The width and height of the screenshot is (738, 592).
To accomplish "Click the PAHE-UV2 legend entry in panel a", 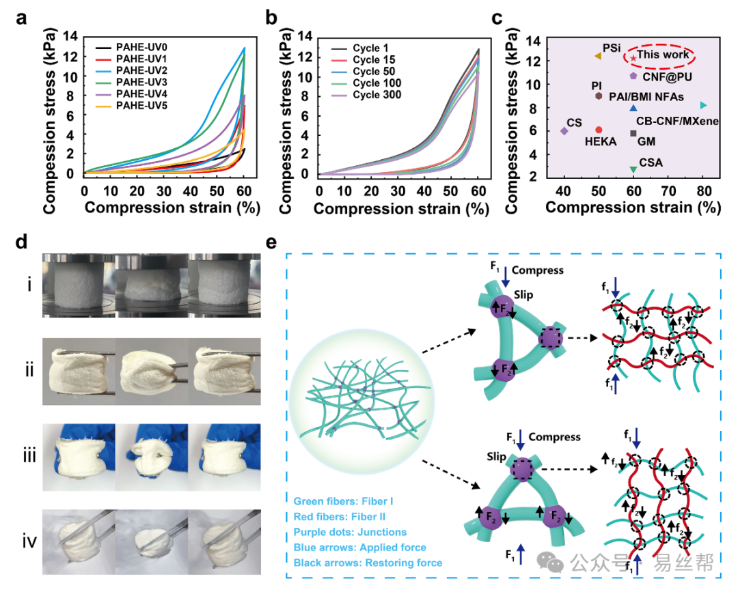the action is [x=131, y=70].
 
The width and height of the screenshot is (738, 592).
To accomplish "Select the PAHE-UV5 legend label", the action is [x=141, y=106].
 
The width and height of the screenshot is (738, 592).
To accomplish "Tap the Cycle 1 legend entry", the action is [x=359, y=48].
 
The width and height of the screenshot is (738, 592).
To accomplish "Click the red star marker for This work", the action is [x=633, y=58].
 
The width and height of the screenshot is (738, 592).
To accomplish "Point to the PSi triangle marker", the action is [x=598, y=56].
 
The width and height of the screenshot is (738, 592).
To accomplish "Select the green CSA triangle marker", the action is [x=633, y=169].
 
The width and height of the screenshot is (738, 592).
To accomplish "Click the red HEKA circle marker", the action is [x=599, y=130].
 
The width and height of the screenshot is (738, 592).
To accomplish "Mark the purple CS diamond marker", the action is [x=564, y=131].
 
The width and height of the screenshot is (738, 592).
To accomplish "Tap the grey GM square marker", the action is [x=633, y=134].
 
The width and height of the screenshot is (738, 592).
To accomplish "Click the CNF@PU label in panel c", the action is [x=668, y=76].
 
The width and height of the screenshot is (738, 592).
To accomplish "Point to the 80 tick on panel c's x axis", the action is [x=704, y=191].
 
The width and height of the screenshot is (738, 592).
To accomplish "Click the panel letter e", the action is [x=271, y=242].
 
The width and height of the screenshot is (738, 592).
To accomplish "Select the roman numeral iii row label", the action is [x=29, y=456].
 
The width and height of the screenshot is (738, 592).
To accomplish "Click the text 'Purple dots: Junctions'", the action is [x=350, y=533].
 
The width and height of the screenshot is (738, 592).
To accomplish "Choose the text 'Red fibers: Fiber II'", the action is [x=340, y=517].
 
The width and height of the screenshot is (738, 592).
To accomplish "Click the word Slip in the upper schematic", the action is [x=523, y=295].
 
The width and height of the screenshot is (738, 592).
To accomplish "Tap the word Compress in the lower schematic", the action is [x=554, y=437].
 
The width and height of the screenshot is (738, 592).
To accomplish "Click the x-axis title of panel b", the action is [x=402, y=209].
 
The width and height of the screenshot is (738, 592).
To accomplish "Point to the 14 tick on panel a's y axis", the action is [x=70, y=36].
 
